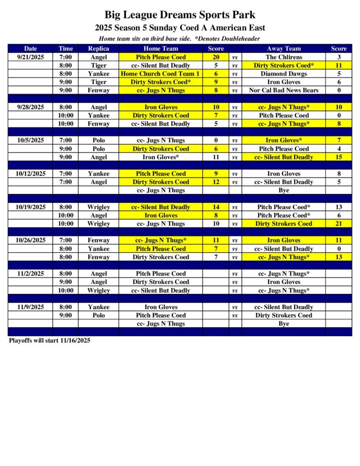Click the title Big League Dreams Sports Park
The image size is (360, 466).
tap(180, 15)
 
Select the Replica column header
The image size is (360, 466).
tap(98, 49)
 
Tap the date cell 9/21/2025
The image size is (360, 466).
tap(31, 57)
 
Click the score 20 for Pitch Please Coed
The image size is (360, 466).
tap(216, 57)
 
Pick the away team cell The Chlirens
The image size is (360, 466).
tap(284, 57)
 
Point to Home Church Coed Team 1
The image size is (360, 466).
tap(160, 74)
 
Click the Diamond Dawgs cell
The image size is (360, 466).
tap(284, 74)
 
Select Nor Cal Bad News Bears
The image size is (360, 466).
tap(284, 90)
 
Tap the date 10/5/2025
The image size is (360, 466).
tap(31, 140)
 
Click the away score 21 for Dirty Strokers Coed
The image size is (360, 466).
tap(339, 223)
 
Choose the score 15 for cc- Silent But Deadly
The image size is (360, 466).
tap(339, 157)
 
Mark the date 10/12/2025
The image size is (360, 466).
tap(31, 173)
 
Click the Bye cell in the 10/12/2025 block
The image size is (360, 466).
tap(284, 190)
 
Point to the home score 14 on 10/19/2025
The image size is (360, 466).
tap(216, 207)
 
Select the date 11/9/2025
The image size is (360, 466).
tap(31, 307)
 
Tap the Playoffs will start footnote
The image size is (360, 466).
tap(50, 340)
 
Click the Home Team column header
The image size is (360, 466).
tap(160, 49)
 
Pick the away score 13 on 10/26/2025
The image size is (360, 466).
tap(339, 257)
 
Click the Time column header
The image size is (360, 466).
tap(66, 49)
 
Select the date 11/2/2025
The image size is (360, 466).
tap(31, 274)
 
